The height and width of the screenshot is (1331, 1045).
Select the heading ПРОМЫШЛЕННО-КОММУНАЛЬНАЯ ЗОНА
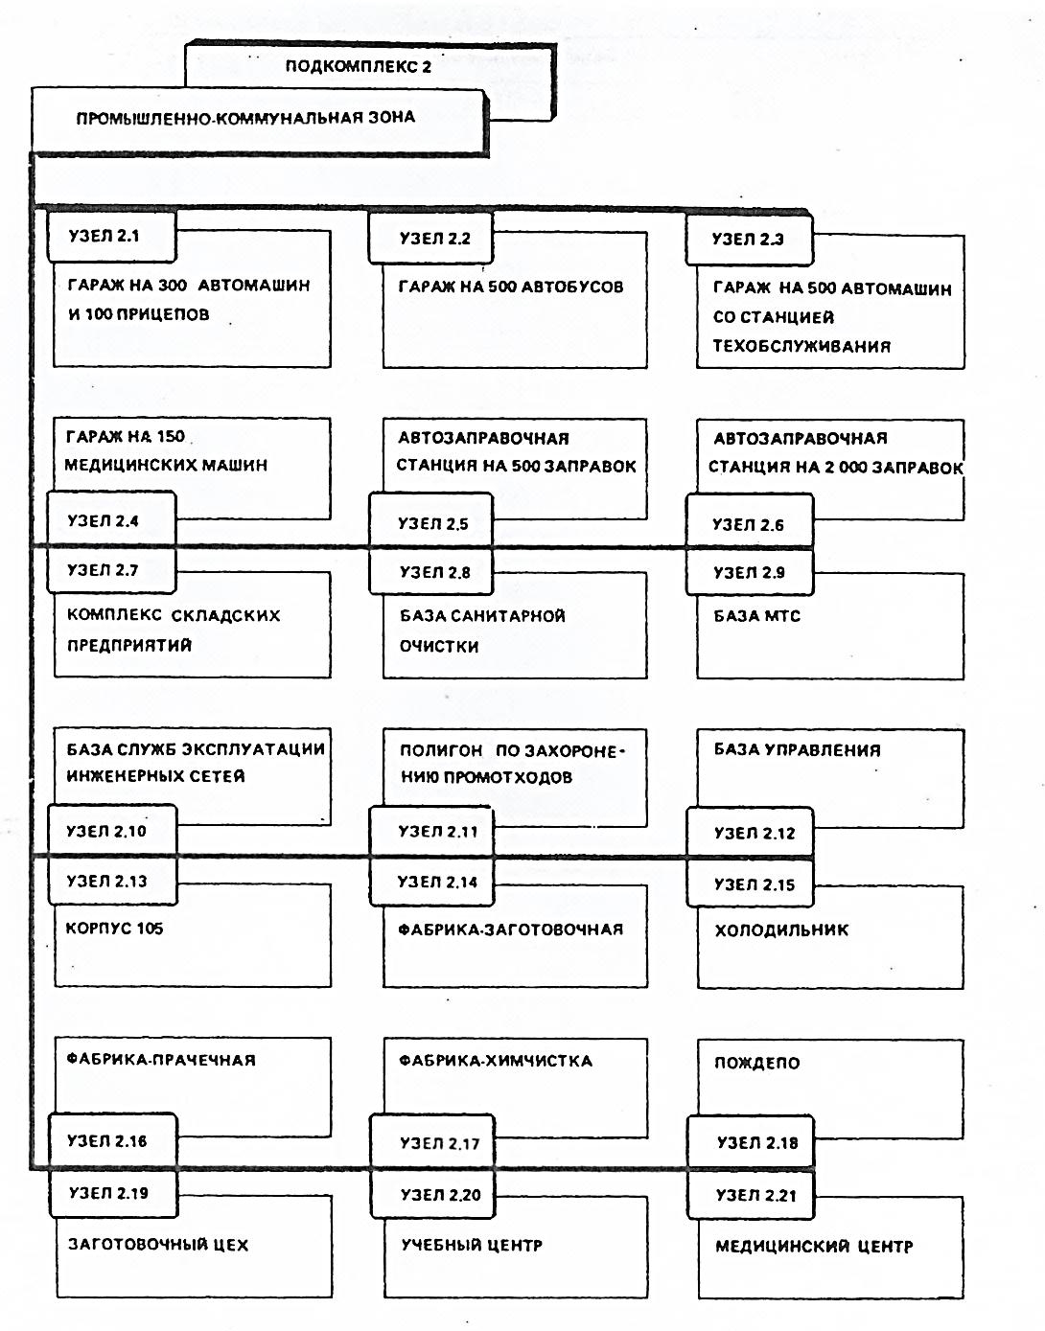coord(245,118)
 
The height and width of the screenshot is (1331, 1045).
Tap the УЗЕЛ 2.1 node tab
coord(112,236)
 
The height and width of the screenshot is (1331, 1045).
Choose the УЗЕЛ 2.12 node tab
coord(750,832)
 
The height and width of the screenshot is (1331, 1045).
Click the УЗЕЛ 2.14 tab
coord(431,882)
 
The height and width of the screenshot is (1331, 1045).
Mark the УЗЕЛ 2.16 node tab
coord(113,1140)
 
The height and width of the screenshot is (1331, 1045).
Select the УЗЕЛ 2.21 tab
coord(751,1195)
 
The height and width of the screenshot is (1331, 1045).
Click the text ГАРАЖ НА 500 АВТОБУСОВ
coord(511,287)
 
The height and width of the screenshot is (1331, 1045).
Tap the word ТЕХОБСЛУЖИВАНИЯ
coord(801,346)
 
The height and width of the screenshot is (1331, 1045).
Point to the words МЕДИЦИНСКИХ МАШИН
coord(166,465)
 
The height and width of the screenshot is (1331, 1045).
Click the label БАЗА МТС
coord(757,615)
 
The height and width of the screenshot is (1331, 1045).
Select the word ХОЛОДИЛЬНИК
coord(781,929)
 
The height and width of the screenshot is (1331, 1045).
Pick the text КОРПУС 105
coord(114,928)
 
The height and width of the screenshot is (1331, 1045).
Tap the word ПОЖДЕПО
coord(757,1063)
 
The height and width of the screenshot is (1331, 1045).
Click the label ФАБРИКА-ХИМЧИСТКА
coord(496,1061)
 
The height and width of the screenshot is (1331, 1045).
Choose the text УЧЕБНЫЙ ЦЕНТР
coord(472,1246)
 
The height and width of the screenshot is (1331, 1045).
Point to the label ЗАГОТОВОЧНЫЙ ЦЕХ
coord(158,1245)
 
